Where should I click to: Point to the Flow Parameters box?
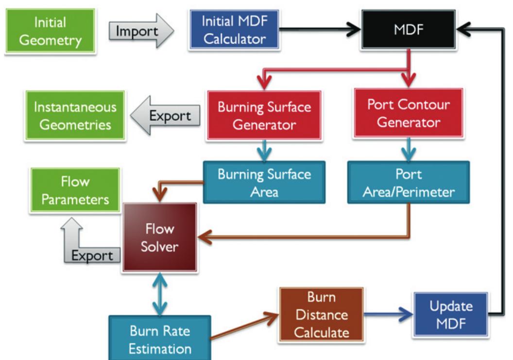75,190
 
